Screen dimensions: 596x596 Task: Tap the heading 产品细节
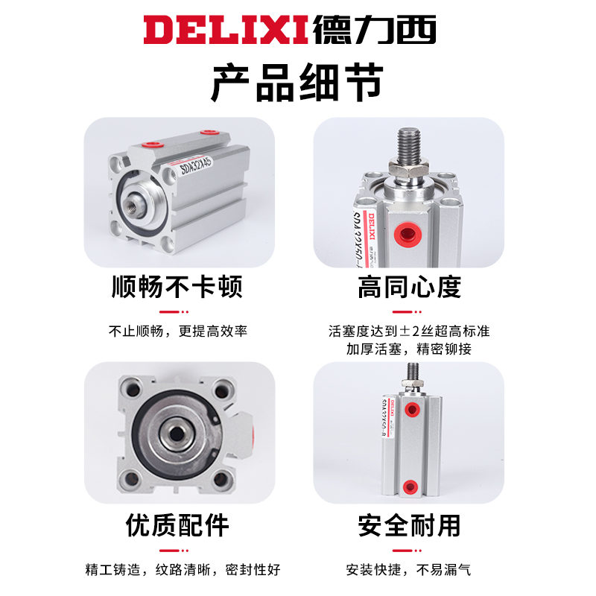coord(297,83)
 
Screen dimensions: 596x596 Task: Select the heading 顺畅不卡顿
coord(177,288)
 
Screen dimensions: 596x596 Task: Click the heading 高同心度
coord(409,288)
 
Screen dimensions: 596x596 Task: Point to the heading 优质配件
coord(177,526)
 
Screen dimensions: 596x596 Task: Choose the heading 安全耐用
coord(409,526)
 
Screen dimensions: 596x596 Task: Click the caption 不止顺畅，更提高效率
coord(178,331)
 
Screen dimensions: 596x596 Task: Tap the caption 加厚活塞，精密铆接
coord(409,349)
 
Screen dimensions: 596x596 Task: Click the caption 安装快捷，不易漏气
coord(409,570)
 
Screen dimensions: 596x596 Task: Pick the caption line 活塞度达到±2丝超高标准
coord(409,331)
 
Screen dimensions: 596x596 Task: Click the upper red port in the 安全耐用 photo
coord(409,408)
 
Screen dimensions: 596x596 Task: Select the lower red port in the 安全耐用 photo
coord(409,488)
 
